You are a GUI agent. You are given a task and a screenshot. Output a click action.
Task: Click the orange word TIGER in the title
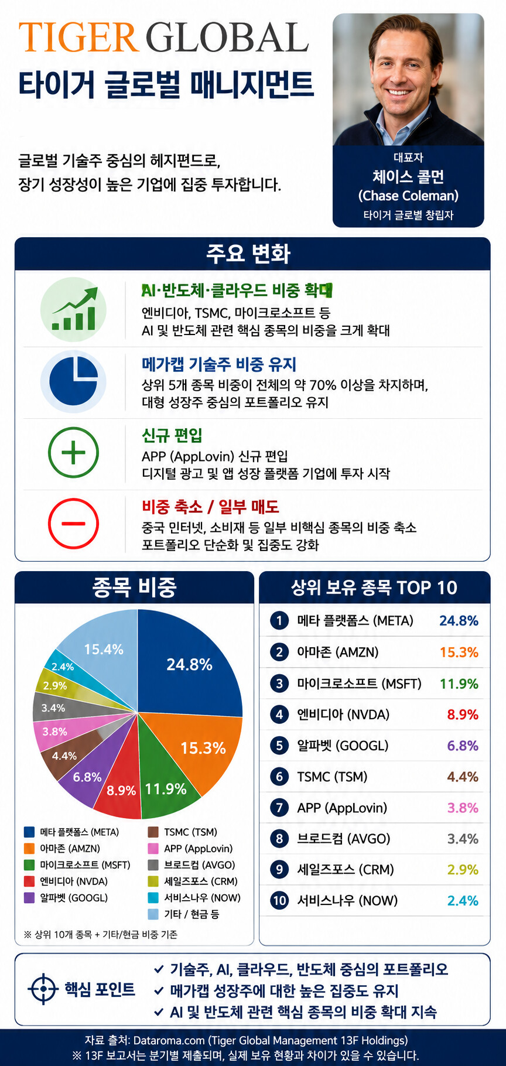click(78, 38)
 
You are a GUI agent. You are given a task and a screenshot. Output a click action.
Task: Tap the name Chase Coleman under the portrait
click(408, 196)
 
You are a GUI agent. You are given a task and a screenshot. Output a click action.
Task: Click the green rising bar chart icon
click(74, 309)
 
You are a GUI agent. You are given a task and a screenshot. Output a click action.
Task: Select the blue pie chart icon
click(73, 381)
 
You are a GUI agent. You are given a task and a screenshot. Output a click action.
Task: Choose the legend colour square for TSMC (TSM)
click(153, 832)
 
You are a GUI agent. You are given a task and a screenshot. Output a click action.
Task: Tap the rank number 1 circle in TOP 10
click(279, 621)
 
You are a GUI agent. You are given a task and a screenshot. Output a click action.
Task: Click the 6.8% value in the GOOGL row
click(463, 746)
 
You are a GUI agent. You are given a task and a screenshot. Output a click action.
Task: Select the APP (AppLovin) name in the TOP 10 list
click(342, 808)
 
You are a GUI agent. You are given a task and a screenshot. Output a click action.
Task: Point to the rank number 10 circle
click(279, 900)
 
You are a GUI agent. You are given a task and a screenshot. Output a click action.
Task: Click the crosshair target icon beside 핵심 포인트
click(43, 989)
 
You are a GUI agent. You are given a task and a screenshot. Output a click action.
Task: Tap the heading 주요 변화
click(248, 254)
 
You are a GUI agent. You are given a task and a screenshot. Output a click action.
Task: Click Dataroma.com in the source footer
click(169, 1040)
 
